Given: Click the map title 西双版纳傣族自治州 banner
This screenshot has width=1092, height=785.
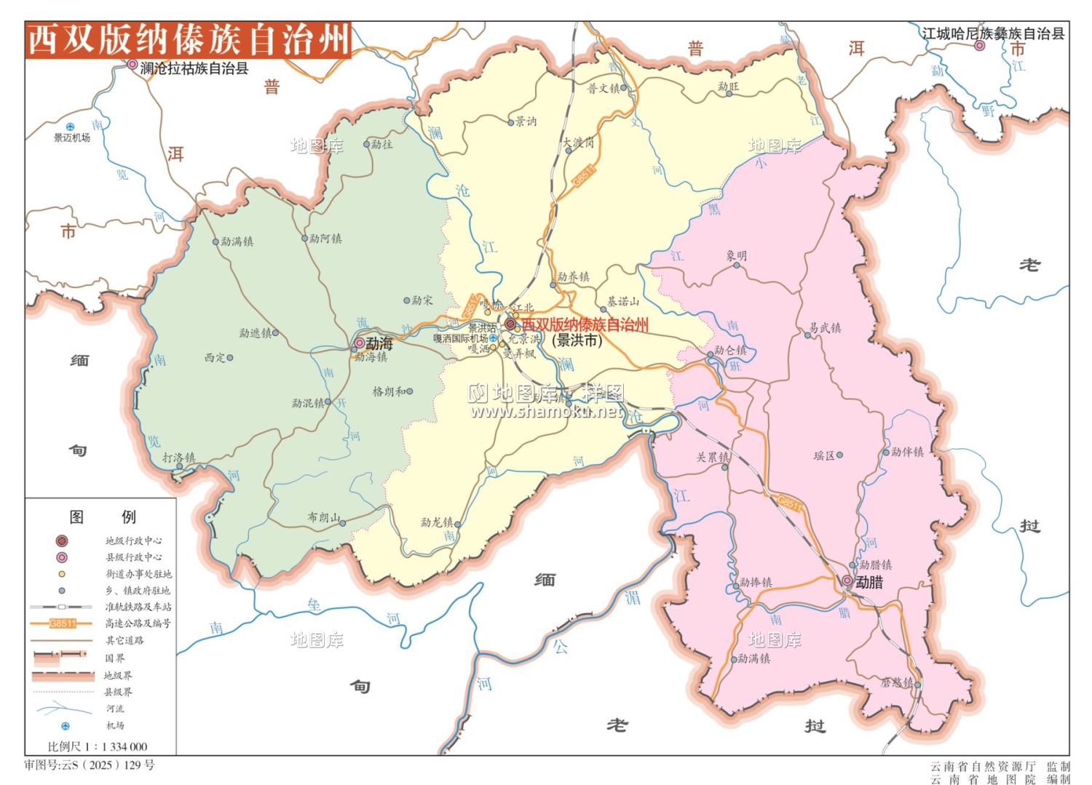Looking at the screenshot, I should pos(188,39).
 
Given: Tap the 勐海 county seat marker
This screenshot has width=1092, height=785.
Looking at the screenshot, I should pos(360,343).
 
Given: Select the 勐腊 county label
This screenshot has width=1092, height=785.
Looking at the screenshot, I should pos(869,582).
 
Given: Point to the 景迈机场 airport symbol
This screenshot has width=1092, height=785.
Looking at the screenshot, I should pos(70,127).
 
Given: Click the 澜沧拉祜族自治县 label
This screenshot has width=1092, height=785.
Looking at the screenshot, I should pos(194,68).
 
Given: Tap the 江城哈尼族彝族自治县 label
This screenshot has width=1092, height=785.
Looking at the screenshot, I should pos(992,33).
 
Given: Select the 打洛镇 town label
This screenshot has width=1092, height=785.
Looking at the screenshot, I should pos(178,458).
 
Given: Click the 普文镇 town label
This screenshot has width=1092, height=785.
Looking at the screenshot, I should pos(604,88).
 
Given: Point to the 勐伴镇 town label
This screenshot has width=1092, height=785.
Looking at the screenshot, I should pos(907,452).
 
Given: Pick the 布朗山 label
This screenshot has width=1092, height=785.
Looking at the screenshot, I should pos(323,517).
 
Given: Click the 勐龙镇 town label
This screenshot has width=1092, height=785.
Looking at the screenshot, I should pos(437,522).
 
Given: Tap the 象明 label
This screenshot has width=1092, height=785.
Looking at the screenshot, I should pos(736,256).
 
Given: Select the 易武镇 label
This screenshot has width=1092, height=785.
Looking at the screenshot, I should pos(825,328).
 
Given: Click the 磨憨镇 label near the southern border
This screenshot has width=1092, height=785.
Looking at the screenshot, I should pos(896,682).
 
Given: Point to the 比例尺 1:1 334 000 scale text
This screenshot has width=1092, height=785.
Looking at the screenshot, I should pos(98,746).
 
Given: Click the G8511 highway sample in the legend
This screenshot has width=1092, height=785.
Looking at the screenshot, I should pos(63,623).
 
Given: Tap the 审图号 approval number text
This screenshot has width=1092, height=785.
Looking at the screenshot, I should pos(90,765).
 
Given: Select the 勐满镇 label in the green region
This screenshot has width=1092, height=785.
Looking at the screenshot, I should pos(237,242).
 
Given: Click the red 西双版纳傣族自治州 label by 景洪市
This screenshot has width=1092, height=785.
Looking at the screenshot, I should pos(585,324).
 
